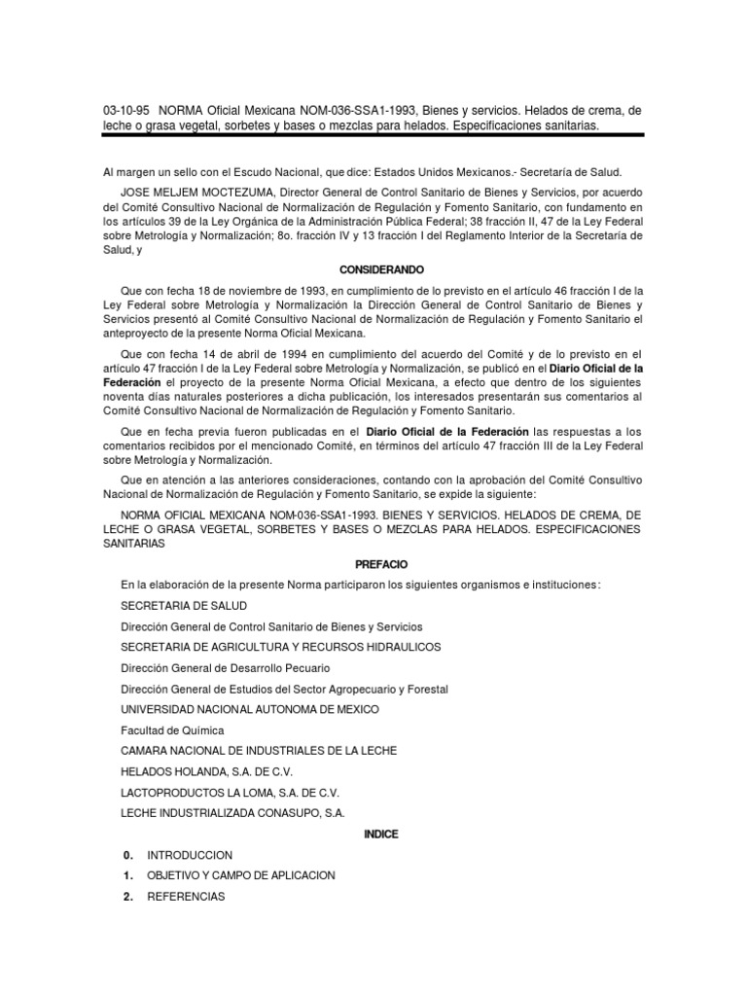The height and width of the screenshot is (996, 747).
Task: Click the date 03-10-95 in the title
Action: pos(124,111)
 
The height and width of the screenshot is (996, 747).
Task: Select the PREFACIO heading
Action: pos(373,564)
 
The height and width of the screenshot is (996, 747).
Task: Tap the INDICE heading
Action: pos(373,835)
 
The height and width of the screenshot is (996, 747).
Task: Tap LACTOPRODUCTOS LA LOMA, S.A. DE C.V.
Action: pos(230,792)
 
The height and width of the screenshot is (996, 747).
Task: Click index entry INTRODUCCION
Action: pos(190,855)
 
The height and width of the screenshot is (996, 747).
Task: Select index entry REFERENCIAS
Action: pos(186,896)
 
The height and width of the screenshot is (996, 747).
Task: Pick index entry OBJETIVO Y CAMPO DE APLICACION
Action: pos(240,875)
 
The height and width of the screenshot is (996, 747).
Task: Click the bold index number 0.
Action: pos(127,855)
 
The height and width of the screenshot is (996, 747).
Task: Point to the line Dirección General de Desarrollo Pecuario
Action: pos(225,668)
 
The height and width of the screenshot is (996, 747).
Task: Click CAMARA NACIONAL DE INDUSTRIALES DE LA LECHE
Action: pos(259,751)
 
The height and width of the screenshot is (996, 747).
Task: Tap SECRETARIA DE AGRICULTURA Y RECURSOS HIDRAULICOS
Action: pos(280,647)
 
